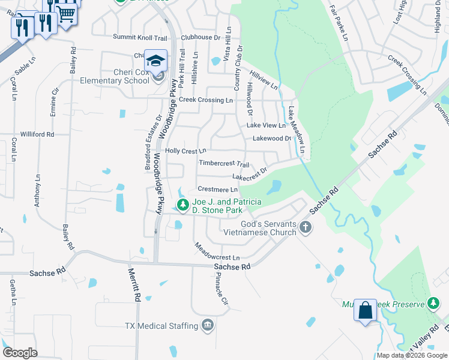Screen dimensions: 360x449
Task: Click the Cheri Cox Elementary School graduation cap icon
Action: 156,61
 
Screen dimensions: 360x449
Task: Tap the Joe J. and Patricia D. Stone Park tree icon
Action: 182,205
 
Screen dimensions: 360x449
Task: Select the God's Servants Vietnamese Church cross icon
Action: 306,227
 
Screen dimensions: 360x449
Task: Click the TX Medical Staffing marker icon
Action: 208,325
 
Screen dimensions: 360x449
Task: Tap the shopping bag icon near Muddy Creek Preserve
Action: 365,310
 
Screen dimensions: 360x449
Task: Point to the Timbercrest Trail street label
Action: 224,163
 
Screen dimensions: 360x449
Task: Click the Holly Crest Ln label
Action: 185,151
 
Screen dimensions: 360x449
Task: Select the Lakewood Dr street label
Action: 271,138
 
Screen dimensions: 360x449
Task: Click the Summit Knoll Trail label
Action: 140,37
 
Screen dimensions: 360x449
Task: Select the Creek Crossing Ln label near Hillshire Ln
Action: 206,100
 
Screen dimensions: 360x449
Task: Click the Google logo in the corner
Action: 20,353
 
